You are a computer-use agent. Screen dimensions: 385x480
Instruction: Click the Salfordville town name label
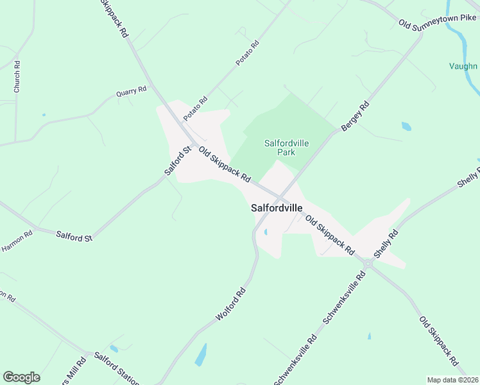(x=276, y=208)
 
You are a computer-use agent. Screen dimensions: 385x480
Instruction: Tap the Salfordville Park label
(x=286, y=148)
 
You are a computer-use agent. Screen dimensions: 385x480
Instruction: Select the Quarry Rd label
(x=132, y=92)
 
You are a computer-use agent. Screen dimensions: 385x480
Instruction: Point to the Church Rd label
(x=17, y=76)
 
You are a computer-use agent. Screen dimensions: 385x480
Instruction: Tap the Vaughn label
(x=463, y=66)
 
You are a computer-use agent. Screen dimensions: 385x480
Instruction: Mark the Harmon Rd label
(x=16, y=241)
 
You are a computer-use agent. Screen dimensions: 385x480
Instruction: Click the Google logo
(x=21, y=377)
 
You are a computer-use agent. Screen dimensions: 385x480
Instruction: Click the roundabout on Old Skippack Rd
(x=368, y=263)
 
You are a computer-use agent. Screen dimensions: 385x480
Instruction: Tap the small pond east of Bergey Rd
(x=406, y=126)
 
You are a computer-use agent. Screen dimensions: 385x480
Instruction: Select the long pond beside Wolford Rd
(x=201, y=355)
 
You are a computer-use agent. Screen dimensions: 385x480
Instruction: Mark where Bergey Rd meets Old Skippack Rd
(x=281, y=196)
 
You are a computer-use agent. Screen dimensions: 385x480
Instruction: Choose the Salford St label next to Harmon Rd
(x=74, y=237)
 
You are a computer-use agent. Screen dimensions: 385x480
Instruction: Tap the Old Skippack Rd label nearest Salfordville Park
(x=224, y=165)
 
